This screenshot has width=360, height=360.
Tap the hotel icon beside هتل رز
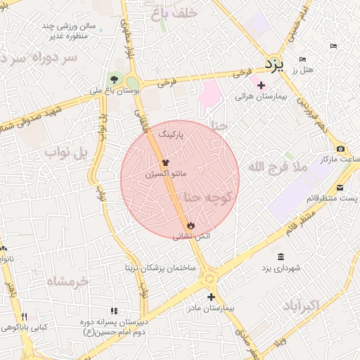(302, 59)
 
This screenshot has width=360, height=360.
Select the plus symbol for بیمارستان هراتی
(261, 85)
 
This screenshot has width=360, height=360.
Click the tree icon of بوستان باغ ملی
(114, 79)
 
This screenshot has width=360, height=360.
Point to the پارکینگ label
(172, 133)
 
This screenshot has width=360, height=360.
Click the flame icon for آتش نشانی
(191, 224)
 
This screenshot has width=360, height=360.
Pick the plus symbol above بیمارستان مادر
(211, 297)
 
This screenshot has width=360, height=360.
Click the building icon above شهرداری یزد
(281, 257)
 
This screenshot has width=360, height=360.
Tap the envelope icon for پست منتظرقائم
(340, 187)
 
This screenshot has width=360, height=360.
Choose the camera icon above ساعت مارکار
(341, 148)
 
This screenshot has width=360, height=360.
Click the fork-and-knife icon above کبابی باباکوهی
(25, 316)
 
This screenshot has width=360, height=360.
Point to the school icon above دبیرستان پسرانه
(114, 311)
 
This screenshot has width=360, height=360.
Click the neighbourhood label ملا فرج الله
(277, 167)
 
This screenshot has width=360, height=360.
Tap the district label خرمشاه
(68, 281)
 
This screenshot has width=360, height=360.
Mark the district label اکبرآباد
(301, 306)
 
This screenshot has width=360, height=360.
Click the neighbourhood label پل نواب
(65, 151)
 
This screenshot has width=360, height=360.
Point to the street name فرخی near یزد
(243, 71)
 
